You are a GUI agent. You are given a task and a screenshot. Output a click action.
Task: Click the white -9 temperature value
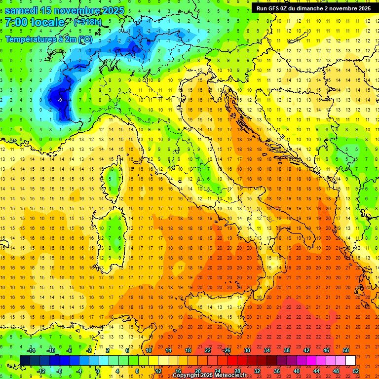point(60,100)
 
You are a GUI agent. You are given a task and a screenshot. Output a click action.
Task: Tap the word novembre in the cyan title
point(79,10)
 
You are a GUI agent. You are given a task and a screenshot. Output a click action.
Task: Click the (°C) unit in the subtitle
point(85,39)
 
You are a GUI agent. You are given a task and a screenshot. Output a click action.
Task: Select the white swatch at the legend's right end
point(350,360)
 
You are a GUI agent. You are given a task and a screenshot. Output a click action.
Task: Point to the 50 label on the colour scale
point(346,350)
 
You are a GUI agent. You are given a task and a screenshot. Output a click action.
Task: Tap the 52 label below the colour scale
point(356,371)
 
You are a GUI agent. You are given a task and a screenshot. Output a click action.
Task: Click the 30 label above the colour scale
point(247,350)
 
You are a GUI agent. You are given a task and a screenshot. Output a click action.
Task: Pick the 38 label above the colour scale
point(287,350)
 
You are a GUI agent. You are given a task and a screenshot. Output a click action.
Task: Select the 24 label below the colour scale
point(218,371)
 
